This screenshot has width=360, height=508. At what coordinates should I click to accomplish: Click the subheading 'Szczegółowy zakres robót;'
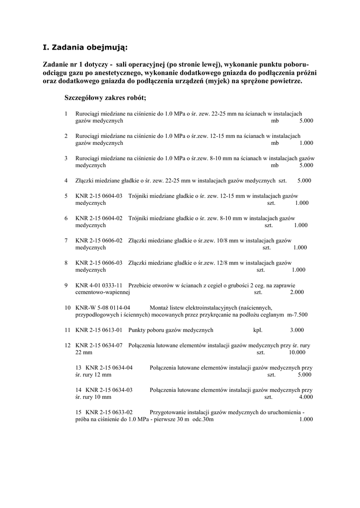pyautogui.click(x=105, y=97)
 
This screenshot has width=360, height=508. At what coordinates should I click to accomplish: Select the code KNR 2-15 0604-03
pyautogui.click(x=99, y=196)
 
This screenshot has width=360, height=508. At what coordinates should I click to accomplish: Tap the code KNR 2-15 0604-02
pyautogui.click(x=99, y=218)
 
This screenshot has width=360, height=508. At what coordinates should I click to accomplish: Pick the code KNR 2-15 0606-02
pyautogui.click(x=99, y=241)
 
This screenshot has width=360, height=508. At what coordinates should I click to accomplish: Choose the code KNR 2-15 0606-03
pyautogui.click(x=99, y=263)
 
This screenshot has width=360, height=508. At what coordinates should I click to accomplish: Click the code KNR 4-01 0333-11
pyautogui.click(x=99, y=285)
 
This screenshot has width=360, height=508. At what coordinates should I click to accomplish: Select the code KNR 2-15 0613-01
pyautogui.click(x=99, y=330)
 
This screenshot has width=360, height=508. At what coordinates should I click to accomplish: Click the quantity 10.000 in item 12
pyautogui.click(x=297, y=352)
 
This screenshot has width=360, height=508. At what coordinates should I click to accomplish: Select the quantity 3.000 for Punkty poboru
pyautogui.click(x=297, y=330)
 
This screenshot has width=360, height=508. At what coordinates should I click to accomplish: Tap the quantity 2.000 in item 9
pyautogui.click(x=296, y=292)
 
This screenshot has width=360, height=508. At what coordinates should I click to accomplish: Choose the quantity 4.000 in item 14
pyautogui.click(x=306, y=397)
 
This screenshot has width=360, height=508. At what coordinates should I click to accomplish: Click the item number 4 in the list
pyautogui.click(x=66, y=181)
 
